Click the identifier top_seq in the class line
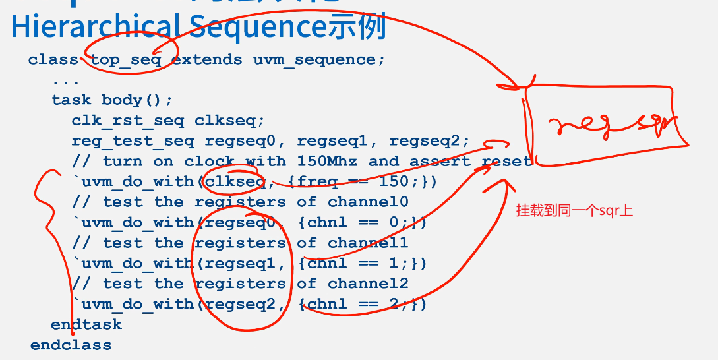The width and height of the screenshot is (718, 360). pos(125,60)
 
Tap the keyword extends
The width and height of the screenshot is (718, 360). pos(206,60)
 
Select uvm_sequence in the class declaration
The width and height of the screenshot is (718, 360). pos(314,60)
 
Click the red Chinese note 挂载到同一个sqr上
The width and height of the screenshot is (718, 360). pos(574,211)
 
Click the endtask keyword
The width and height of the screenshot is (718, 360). pos(86,324)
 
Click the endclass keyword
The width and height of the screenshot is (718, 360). pos(71,345)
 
